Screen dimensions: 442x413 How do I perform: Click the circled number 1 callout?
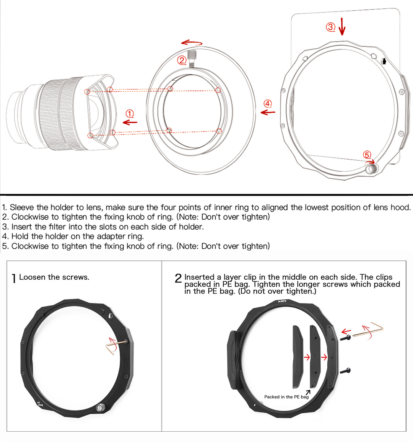pyautogui.click(x=130, y=114)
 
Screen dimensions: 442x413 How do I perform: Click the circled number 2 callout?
pyautogui.click(x=182, y=60)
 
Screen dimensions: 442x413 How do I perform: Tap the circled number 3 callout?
pyautogui.click(x=330, y=27)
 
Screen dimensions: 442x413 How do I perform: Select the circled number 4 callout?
pyautogui.click(x=268, y=103)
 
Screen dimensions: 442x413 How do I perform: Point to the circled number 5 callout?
pyautogui.click(x=367, y=155)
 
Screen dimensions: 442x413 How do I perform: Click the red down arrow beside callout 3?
pyautogui.click(x=342, y=26)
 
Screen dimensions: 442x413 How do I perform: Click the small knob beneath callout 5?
pyautogui.click(x=370, y=168)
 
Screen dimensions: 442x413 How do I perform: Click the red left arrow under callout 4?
pyautogui.click(x=268, y=112)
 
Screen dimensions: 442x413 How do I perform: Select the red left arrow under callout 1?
pyautogui.click(x=130, y=122)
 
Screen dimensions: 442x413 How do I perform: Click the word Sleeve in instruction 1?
pyautogui.click(x=21, y=207)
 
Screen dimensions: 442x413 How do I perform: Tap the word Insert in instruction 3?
pyautogui.click(x=22, y=227)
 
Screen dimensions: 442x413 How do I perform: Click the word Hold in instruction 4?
pyautogui.click(x=20, y=236)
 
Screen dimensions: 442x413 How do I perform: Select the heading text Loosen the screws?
pyautogui.click(x=54, y=277)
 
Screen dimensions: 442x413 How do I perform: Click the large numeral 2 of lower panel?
pyautogui.click(x=178, y=278)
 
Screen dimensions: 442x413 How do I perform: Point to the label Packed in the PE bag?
pyautogui.click(x=286, y=397)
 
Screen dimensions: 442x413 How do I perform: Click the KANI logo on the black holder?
pyautogui.click(x=282, y=302)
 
